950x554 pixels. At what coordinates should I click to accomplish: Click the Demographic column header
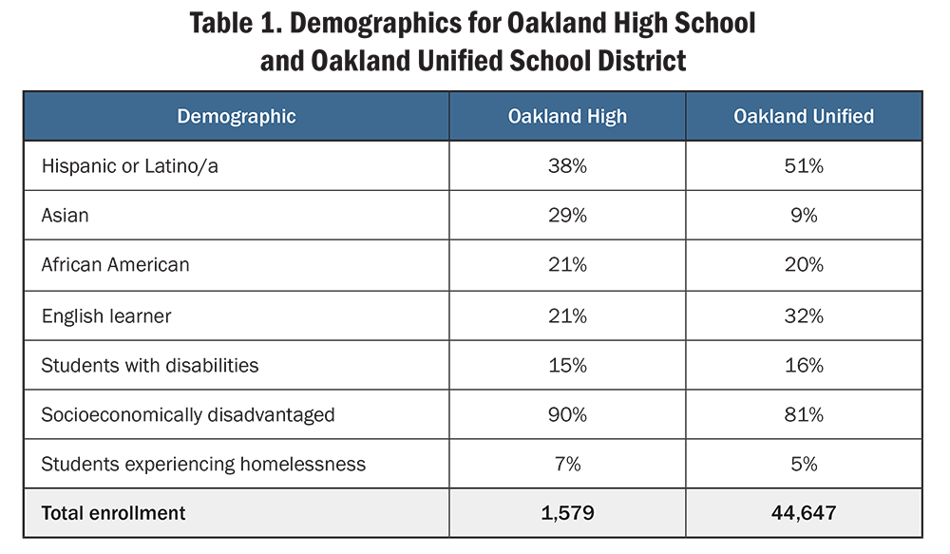click(x=237, y=117)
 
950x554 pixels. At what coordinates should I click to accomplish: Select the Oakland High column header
click(x=567, y=117)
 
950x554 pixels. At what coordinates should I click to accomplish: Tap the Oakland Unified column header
click(x=804, y=117)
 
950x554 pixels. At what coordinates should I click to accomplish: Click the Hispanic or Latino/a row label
click(x=130, y=166)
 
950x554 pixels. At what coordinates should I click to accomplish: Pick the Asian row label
click(x=65, y=216)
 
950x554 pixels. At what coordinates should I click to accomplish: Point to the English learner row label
click(x=106, y=315)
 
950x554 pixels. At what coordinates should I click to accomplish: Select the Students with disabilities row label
click(x=150, y=365)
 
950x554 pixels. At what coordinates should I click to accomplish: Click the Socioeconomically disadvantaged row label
click(x=188, y=414)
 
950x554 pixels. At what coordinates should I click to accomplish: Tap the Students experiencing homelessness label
click(x=203, y=464)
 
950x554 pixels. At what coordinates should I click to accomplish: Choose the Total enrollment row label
click(x=113, y=513)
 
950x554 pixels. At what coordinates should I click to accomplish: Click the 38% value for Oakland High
click(x=567, y=166)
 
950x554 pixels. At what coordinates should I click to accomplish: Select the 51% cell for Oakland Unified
click(x=804, y=166)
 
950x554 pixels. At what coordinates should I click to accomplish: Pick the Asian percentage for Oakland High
click(x=567, y=216)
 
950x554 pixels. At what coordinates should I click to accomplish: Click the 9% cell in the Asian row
click(x=804, y=216)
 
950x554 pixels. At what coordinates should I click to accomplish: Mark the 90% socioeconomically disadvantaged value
click(x=567, y=414)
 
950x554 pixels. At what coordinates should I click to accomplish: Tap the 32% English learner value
click(x=804, y=315)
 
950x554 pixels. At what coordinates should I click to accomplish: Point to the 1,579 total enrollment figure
click(x=567, y=513)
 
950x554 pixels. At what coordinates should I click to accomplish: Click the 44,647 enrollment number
click(x=804, y=513)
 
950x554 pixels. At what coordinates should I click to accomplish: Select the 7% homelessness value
click(x=567, y=464)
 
